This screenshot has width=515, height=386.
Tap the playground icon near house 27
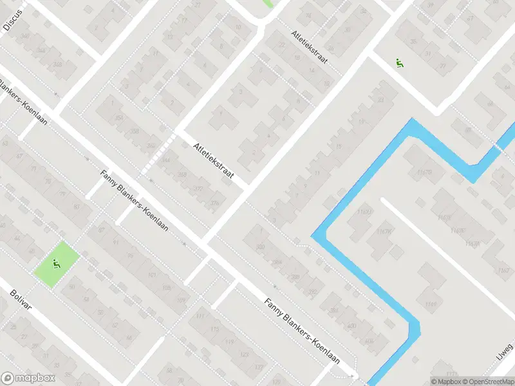click(400, 63)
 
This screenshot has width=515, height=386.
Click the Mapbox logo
click(28, 378)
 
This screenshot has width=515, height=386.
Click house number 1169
click(431, 303)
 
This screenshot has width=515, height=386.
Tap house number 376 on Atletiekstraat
click(214, 203)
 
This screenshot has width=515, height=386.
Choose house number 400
click(351, 326)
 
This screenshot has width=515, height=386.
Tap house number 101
click(153, 275)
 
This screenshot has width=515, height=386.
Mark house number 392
click(314, 291)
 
